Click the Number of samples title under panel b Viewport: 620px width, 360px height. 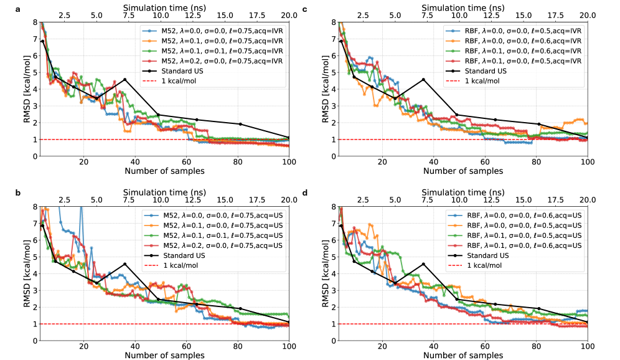[x=164, y=356]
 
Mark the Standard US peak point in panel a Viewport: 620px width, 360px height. [x=125, y=79]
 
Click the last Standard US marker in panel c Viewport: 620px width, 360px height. [x=587, y=138]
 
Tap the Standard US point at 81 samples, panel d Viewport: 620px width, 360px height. [x=539, y=308]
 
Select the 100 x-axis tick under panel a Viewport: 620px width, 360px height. [x=289, y=162]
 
